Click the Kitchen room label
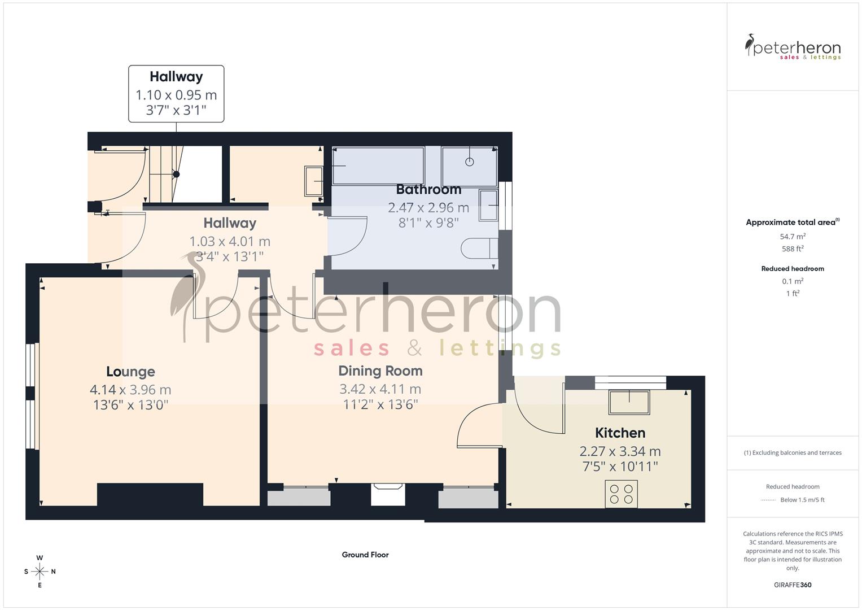(x=620, y=433)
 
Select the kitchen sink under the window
(x=629, y=402)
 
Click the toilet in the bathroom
(x=479, y=249)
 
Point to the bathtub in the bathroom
(x=378, y=165)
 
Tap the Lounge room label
(x=130, y=372)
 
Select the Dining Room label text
(x=380, y=371)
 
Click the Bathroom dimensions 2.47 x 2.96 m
(x=428, y=208)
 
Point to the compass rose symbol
(x=40, y=572)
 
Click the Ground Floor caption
(x=365, y=555)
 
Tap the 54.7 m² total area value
(x=793, y=237)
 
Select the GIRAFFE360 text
(x=793, y=585)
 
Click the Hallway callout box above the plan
(x=176, y=94)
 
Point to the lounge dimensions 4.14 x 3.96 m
(x=130, y=390)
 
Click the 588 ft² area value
(x=793, y=249)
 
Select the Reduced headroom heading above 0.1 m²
(x=793, y=269)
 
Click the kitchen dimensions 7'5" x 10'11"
(x=620, y=467)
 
